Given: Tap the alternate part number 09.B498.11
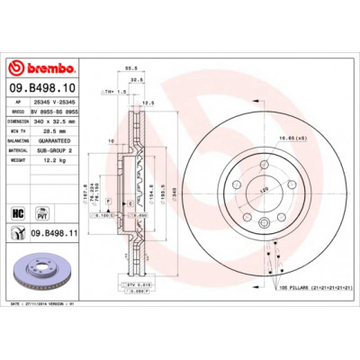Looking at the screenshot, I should point(58,233).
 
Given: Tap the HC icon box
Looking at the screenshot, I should point(17,212).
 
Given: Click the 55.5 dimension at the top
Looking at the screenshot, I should point(130,68).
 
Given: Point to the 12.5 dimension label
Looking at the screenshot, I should point(148,103).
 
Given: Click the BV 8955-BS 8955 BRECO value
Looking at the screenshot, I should point(54,109).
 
